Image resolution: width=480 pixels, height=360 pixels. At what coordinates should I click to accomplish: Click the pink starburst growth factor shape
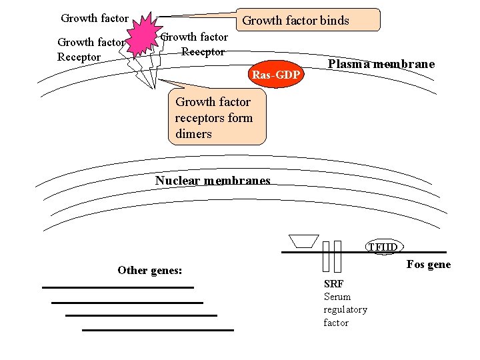click(x=143, y=36)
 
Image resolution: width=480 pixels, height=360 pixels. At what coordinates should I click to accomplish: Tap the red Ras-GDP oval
click(x=276, y=74)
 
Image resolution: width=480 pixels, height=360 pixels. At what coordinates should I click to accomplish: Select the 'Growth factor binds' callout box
click(x=308, y=20)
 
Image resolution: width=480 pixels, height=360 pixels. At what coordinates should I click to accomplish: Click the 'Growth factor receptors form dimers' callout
click(x=217, y=117)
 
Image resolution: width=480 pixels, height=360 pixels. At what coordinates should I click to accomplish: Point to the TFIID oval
click(x=385, y=247)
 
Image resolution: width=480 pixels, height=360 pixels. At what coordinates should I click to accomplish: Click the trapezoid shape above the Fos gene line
click(x=304, y=241)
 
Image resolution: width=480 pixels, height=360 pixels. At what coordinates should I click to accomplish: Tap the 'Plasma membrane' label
click(x=381, y=64)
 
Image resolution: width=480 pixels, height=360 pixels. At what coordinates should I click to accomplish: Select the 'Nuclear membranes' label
click(x=213, y=180)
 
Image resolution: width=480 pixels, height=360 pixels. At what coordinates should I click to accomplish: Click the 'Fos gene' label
click(x=429, y=265)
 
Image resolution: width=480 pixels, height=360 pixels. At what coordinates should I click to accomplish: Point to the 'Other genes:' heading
click(x=150, y=270)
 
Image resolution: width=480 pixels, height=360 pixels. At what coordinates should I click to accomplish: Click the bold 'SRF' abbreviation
click(x=334, y=284)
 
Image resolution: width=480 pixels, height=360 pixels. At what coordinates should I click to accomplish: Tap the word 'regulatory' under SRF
click(x=345, y=310)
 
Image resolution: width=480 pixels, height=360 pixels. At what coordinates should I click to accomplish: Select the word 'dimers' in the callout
click(x=193, y=134)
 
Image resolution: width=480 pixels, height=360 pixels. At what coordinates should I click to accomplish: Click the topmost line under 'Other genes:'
click(x=118, y=287)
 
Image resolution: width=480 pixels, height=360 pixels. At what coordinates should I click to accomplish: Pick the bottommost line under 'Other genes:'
click(x=158, y=330)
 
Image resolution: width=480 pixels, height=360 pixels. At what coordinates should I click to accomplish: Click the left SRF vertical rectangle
click(x=326, y=257)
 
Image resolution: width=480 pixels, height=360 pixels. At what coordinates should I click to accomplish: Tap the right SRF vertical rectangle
click(x=337, y=257)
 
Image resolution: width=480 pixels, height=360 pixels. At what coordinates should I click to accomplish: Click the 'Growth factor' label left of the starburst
click(x=95, y=18)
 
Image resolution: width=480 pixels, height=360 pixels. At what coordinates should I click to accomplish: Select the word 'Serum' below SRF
click(x=337, y=297)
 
